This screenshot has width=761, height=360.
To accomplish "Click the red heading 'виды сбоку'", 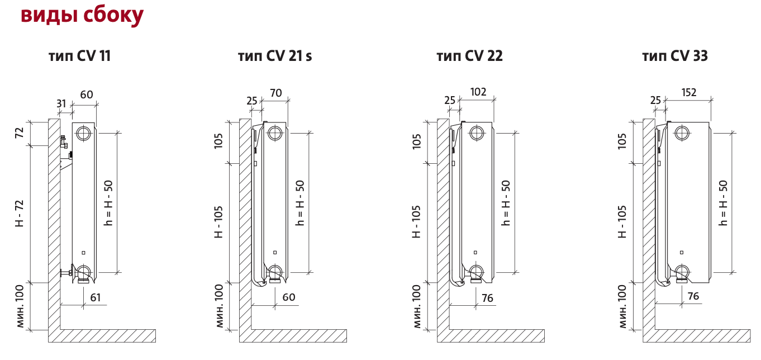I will (x=82, y=15).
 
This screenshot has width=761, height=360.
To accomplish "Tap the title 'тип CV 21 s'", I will (x=275, y=56).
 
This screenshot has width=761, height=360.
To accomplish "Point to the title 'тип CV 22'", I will (x=469, y=56).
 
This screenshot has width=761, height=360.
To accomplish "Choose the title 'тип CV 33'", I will (x=675, y=56).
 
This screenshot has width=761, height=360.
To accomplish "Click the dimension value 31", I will (x=61, y=103).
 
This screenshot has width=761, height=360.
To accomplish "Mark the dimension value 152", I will (x=689, y=92).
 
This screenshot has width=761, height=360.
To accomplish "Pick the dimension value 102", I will (x=478, y=92).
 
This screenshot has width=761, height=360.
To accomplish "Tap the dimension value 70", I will (x=276, y=93).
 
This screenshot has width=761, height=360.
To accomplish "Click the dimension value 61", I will (x=96, y=297).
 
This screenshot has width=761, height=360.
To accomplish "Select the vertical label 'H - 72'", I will (x=20, y=213).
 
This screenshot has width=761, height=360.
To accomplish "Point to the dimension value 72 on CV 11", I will (x=20, y=133).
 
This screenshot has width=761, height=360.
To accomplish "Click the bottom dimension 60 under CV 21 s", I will (x=288, y=297).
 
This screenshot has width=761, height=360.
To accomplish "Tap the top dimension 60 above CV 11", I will (x=87, y=94).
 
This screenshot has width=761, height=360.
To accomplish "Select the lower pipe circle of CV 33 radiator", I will (x=682, y=272).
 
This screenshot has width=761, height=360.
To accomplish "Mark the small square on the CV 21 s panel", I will (x=274, y=253).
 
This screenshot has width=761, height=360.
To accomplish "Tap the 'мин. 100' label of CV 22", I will (x=416, y=306).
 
